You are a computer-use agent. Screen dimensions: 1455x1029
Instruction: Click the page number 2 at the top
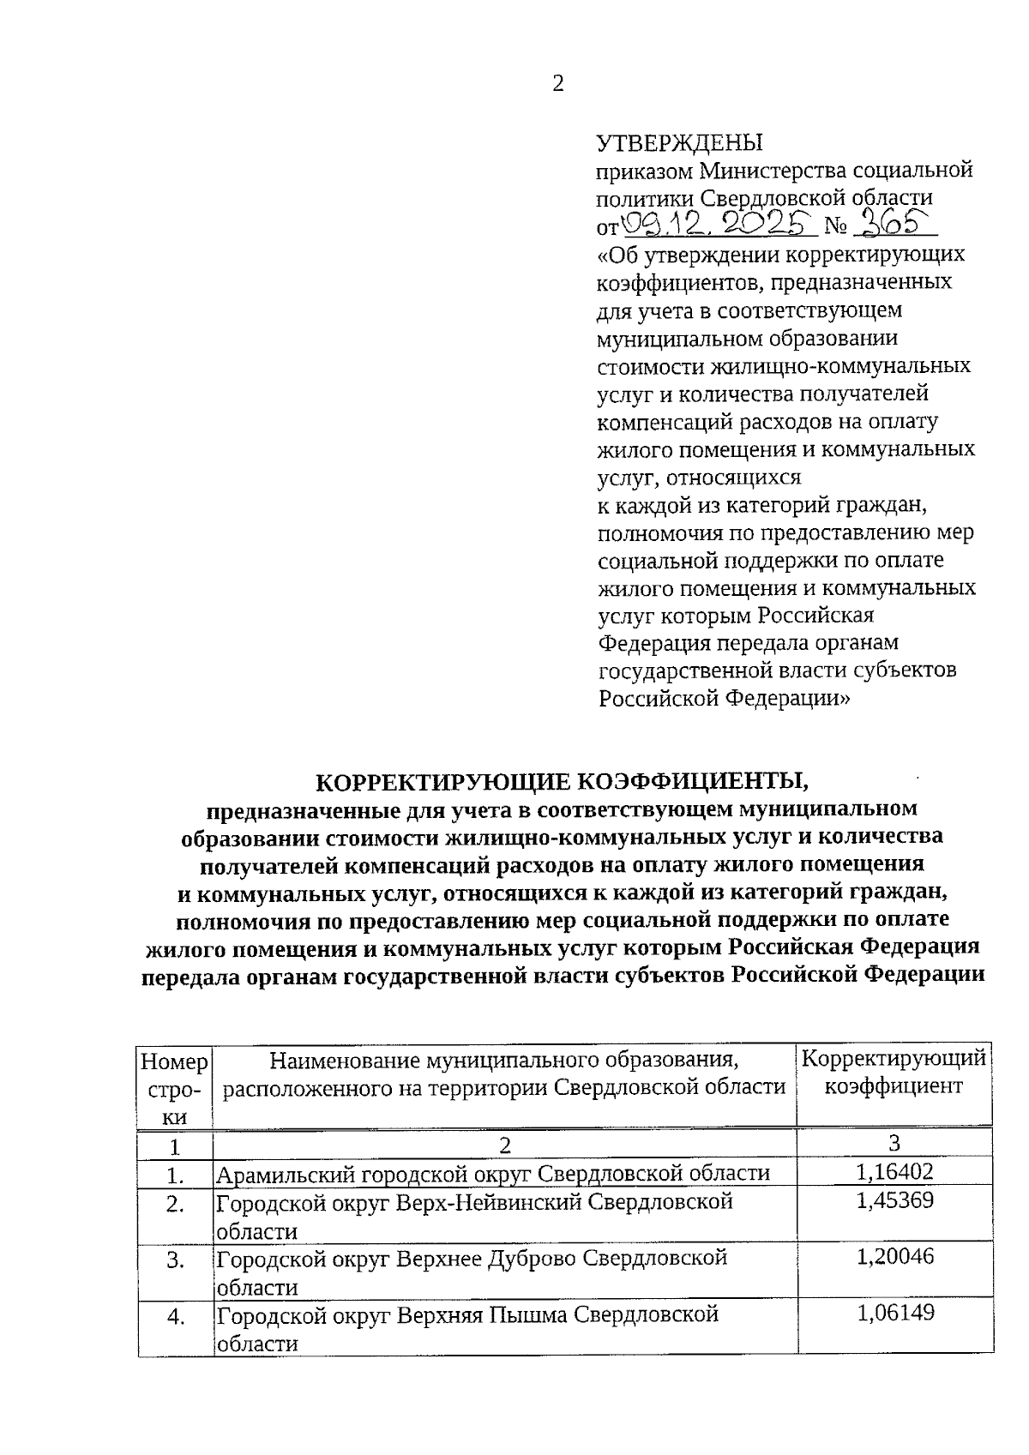(x=558, y=84)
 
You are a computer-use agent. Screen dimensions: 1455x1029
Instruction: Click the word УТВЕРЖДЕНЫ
(x=680, y=142)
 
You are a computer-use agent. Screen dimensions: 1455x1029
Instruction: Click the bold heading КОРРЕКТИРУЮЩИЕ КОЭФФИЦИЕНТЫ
(x=563, y=782)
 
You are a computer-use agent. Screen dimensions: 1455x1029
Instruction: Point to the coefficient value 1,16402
(x=894, y=1172)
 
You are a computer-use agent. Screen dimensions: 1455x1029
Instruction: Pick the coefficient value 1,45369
(x=894, y=1200)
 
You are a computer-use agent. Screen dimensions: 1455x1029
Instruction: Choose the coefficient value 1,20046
(x=894, y=1257)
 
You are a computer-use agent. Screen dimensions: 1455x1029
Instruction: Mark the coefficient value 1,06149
(x=894, y=1313)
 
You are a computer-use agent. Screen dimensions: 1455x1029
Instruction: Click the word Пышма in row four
(x=527, y=1314)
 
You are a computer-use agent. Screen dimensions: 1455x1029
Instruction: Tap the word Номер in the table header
(x=174, y=1063)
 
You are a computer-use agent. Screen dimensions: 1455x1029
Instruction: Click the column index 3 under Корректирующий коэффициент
(x=894, y=1143)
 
